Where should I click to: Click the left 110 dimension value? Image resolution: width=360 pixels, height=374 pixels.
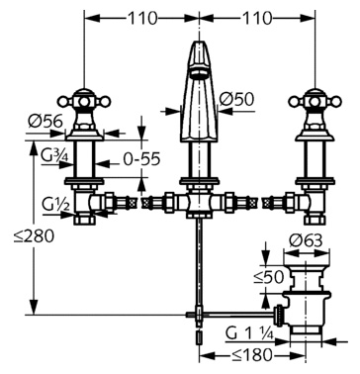click(x=142, y=19)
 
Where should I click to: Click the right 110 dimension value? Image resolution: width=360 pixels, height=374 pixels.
click(x=257, y=19)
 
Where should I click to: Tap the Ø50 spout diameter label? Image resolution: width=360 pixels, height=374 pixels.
click(x=236, y=99)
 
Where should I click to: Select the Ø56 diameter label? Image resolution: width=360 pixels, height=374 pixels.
click(x=45, y=122)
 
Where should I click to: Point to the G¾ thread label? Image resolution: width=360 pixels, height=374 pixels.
click(x=54, y=155)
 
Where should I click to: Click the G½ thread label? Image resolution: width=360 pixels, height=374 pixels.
click(x=55, y=206)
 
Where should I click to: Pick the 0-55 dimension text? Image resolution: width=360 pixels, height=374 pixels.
click(x=141, y=159)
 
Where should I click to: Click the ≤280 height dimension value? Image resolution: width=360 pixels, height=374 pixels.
click(x=34, y=236)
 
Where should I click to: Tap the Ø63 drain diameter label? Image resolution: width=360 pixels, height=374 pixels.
click(x=306, y=241)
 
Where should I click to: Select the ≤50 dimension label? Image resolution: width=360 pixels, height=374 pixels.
click(x=269, y=277)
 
